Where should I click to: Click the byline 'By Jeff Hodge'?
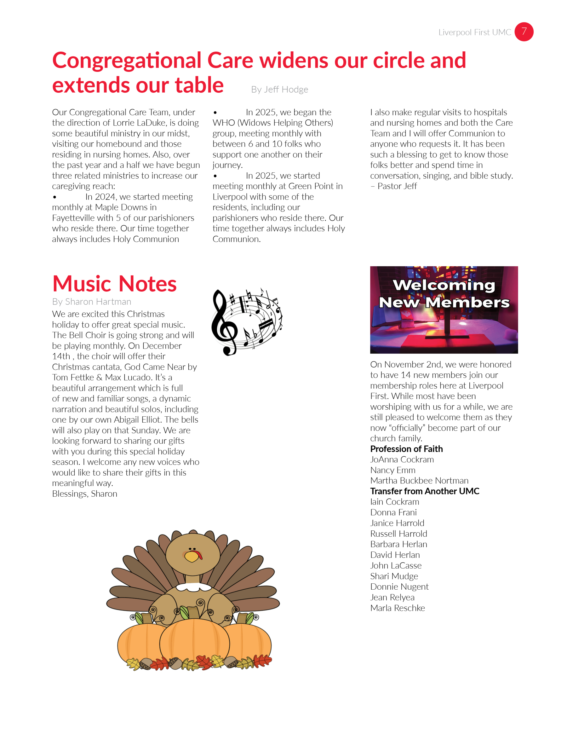point(279,90)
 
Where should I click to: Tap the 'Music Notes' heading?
point(114,284)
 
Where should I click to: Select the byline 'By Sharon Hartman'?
point(91,302)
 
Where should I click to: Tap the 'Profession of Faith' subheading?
point(406,449)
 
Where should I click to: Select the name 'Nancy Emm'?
point(393,470)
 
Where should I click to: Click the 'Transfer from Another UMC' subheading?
point(425,491)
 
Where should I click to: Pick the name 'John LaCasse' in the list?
point(396,566)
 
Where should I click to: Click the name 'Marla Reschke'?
point(397,608)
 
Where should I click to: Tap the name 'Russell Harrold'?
point(398,534)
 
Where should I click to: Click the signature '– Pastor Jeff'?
point(394,186)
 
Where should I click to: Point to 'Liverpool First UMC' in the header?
point(474,32)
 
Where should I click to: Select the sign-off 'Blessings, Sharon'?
point(85,494)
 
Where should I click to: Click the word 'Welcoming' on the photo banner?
point(444,285)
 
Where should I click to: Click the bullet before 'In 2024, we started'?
point(55,197)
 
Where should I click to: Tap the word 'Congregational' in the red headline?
point(127,61)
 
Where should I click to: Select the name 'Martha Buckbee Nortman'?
point(419,481)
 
